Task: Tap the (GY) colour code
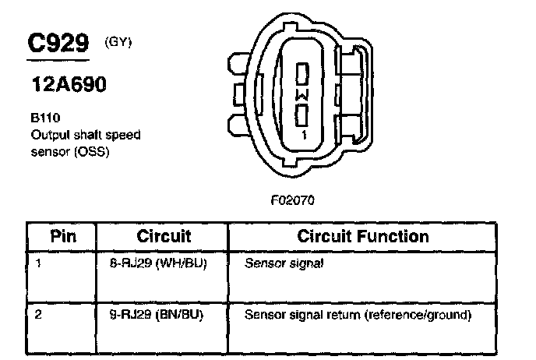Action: point(118,41)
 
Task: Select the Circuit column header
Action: point(164,236)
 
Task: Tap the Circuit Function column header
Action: point(363,236)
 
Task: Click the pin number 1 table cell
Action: point(38,263)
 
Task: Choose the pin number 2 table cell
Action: point(38,316)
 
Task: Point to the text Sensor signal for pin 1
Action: point(284,264)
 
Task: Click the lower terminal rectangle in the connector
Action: point(304,115)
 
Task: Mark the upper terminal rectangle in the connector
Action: point(304,75)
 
